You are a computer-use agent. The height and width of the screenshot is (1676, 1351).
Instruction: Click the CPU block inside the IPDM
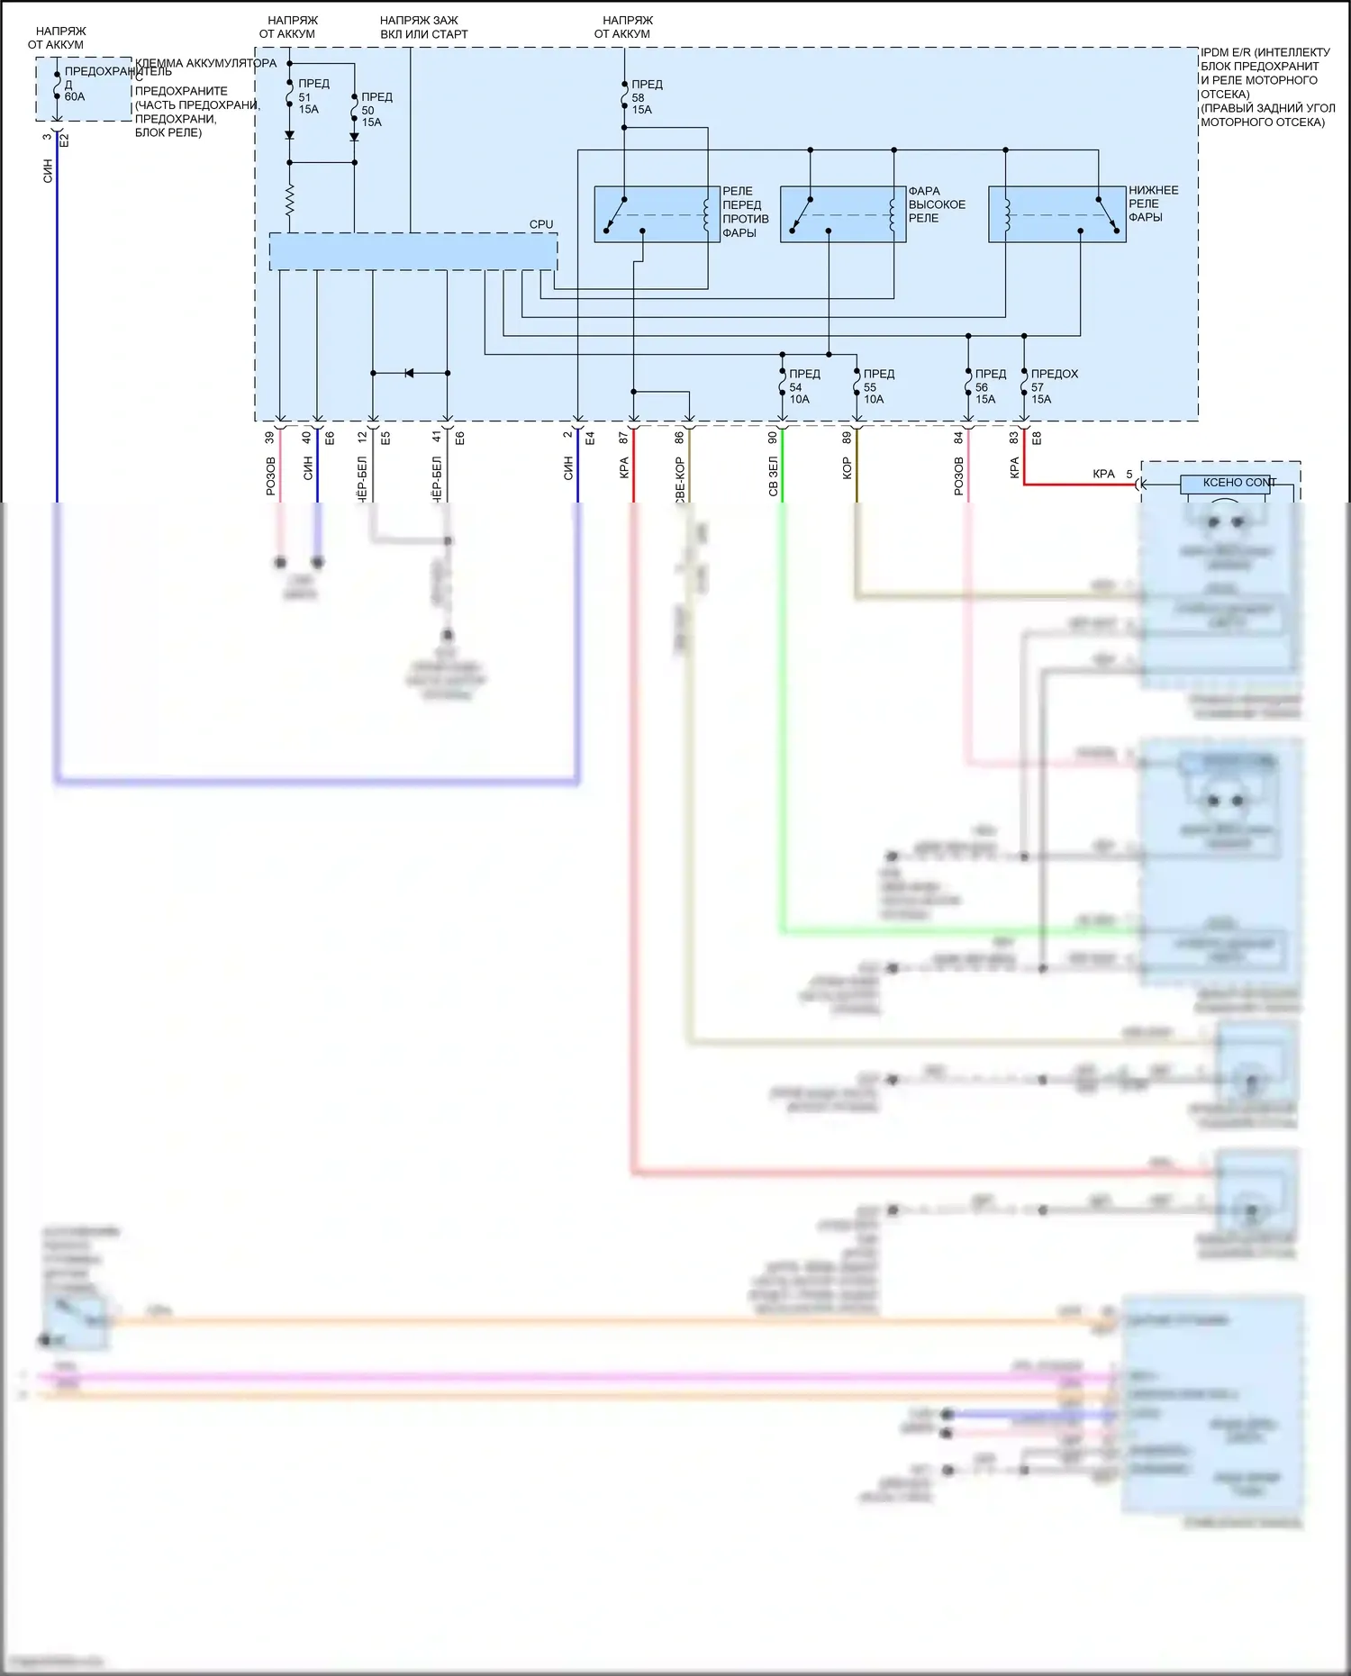[x=413, y=251]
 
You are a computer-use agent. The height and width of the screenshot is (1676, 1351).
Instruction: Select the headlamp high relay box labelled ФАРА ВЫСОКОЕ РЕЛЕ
[x=842, y=214]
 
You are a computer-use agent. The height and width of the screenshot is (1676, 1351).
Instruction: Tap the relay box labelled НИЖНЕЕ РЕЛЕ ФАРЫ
[x=1056, y=214]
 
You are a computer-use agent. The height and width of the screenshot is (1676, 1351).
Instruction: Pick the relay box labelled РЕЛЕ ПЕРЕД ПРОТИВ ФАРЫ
[x=657, y=214]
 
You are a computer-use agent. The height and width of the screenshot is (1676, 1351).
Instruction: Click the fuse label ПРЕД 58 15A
[x=646, y=97]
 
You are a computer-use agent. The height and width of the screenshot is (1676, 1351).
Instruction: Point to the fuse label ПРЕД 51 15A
[x=313, y=96]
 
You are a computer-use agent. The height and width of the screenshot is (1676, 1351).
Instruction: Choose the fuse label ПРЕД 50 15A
[x=376, y=109]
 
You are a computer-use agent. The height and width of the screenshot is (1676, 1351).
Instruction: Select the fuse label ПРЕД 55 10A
[x=877, y=386]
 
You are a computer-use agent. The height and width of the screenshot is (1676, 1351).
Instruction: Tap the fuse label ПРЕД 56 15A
[x=989, y=386]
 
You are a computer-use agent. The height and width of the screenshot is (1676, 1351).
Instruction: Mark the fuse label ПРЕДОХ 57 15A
[x=1052, y=386]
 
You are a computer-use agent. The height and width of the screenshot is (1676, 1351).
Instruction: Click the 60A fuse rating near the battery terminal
[x=75, y=97]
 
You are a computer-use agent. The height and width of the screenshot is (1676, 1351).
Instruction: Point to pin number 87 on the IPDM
[x=623, y=438]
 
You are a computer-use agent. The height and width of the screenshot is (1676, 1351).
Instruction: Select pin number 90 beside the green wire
[x=773, y=438]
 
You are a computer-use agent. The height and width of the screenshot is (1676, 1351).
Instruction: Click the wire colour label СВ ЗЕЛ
[x=773, y=476]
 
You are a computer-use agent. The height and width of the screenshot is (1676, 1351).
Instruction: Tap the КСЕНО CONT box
[x=1225, y=484]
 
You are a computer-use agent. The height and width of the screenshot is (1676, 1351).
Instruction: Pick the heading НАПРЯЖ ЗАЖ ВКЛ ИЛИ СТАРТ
[x=423, y=27]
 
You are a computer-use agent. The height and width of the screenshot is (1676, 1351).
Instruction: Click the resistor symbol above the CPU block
[x=289, y=202]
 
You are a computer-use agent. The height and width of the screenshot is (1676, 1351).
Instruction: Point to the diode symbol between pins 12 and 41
[x=409, y=373]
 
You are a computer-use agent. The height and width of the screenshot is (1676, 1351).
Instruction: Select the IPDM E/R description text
[x=1265, y=87]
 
